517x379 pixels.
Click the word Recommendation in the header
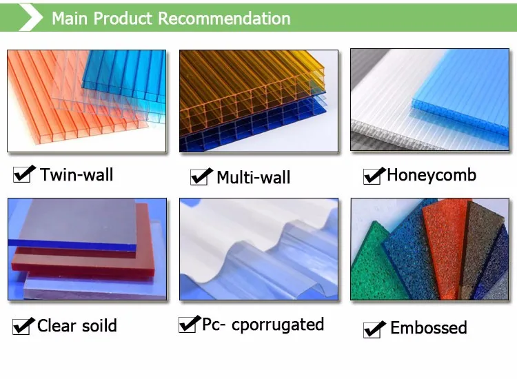click(x=224, y=19)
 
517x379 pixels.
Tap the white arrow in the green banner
click(x=31, y=17)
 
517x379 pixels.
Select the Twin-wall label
click(x=77, y=174)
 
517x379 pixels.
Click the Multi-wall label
click(x=254, y=177)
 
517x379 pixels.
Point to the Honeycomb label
click(x=432, y=175)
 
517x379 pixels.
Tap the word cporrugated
click(x=278, y=325)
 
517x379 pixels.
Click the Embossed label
click(x=429, y=327)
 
